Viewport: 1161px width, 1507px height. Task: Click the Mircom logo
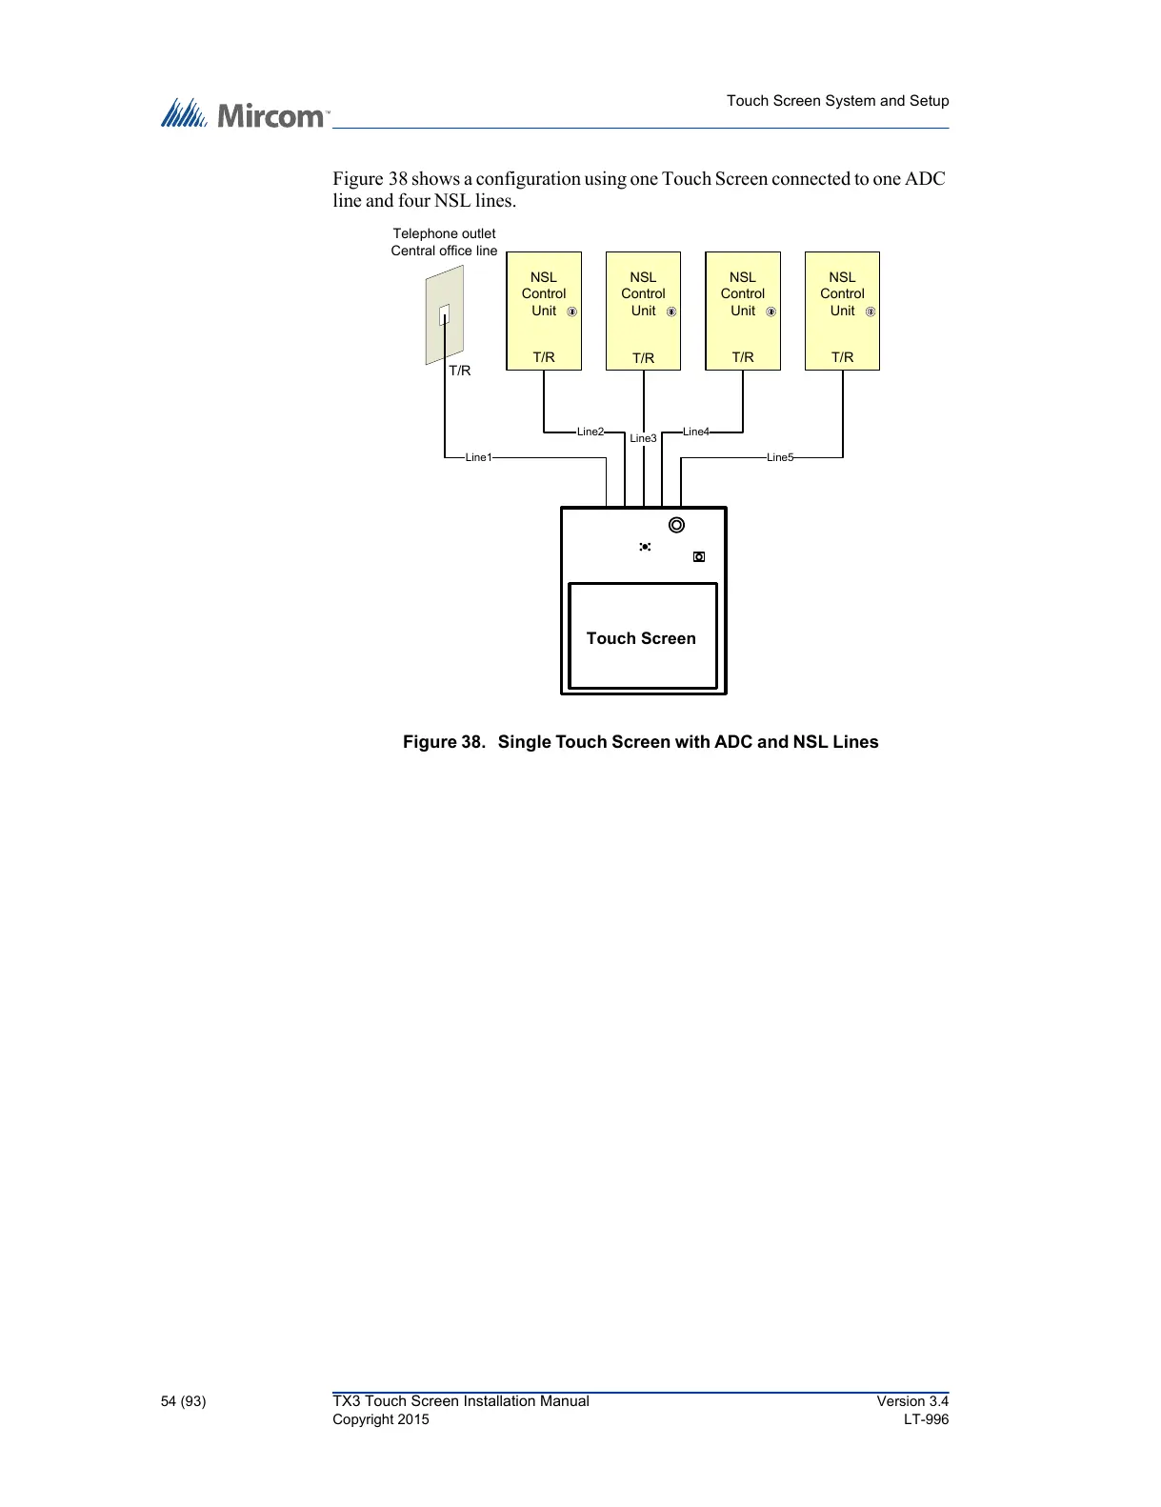[x=244, y=114]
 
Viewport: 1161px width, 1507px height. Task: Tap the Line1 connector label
[x=478, y=457]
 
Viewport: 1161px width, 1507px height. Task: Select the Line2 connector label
[x=590, y=432]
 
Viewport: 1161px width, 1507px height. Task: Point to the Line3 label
[x=643, y=438]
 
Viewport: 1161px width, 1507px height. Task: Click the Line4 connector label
[x=695, y=432]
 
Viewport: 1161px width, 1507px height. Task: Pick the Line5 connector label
[x=779, y=457]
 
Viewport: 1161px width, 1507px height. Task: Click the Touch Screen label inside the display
[x=641, y=638]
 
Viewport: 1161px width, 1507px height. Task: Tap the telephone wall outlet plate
[x=444, y=314]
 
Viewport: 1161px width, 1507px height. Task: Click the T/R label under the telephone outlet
[x=460, y=371]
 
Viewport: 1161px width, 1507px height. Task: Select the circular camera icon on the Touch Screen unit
[x=676, y=525]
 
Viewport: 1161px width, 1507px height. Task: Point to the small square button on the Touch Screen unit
[x=699, y=556]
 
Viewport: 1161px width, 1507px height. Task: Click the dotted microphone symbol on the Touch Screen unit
[x=645, y=547]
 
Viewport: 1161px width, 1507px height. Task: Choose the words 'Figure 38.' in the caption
[x=444, y=742]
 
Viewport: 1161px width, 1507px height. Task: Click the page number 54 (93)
[x=183, y=1400]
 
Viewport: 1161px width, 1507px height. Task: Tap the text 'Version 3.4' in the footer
[x=912, y=1400]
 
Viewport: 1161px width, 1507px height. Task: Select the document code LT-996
[x=926, y=1419]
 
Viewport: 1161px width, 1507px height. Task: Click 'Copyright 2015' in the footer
[x=380, y=1419]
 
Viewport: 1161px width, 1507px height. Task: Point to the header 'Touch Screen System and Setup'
[x=837, y=101]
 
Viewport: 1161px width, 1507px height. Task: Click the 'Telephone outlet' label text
[x=444, y=233]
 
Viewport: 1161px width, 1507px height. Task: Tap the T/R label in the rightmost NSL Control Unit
[x=842, y=357]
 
